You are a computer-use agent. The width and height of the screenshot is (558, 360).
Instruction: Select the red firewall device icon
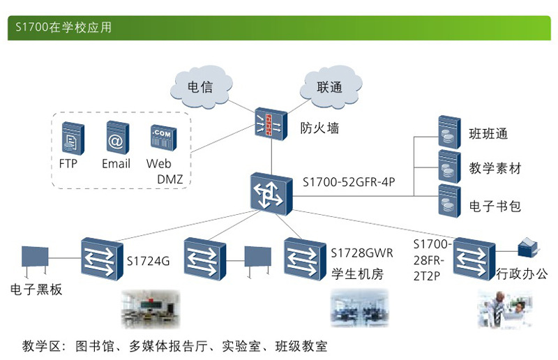point(269,125)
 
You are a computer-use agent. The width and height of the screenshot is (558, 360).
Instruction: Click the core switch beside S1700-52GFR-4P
point(269,192)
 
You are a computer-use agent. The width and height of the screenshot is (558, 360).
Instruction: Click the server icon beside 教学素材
point(446,166)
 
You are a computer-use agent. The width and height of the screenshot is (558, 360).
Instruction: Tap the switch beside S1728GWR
point(304,257)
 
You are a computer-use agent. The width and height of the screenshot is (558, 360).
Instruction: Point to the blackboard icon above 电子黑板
point(35,259)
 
